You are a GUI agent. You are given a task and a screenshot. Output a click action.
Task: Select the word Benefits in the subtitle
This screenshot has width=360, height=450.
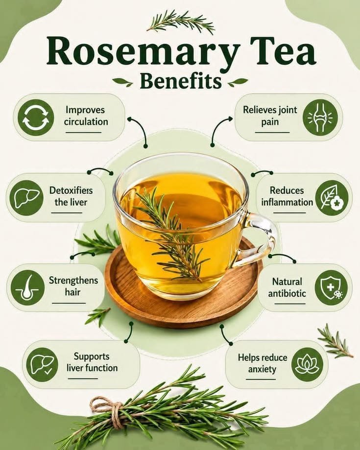point(181,81)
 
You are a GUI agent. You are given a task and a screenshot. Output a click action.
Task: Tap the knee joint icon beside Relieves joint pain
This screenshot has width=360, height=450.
point(320,117)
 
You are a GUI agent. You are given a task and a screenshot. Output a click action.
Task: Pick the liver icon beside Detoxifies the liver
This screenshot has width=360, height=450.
point(26,198)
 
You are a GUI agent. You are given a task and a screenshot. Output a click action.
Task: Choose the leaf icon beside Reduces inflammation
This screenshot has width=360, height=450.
point(332,198)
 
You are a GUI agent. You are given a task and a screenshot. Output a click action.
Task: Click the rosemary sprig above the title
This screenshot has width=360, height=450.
point(180,21)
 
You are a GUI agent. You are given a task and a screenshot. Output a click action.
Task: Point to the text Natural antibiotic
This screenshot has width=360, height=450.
point(287,287)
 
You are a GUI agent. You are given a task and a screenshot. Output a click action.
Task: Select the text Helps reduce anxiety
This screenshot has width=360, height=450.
point(263,363)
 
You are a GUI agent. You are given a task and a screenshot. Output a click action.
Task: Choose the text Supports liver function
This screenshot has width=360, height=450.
point(92,362)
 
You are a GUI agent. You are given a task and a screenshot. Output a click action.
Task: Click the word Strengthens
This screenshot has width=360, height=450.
point(73,280)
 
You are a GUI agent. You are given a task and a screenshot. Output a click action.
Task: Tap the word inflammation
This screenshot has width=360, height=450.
point(287,202)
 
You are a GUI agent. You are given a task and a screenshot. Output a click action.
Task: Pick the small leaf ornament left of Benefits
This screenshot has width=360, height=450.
point(122,82)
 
